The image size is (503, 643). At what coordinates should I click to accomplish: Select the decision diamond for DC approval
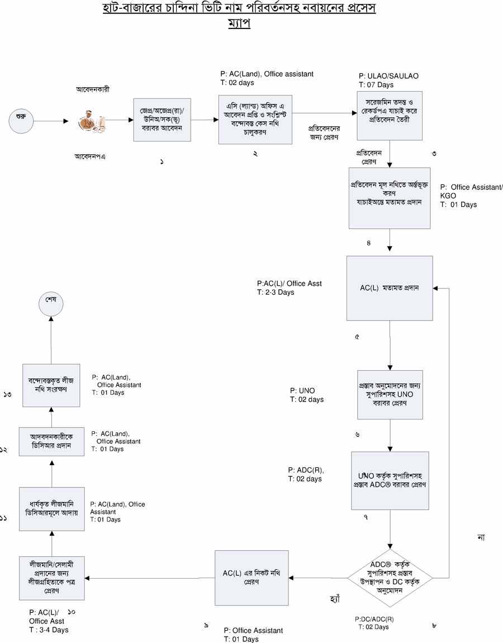tap(390, 578)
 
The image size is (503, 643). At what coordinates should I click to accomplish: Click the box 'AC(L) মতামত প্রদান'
tap(390, 288)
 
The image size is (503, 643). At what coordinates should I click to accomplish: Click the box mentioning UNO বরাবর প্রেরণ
tap(390, 394)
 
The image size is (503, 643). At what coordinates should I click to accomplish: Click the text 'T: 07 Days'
tap(376, 85)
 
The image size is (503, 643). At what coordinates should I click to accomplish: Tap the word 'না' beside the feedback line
tap(481, 537)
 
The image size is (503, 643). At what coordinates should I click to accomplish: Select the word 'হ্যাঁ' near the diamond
tap(335, 599)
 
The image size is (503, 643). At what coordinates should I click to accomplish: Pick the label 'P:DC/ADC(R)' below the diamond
tap(374, 619)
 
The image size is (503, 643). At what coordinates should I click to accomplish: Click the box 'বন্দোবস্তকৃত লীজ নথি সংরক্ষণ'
tap(51, 384)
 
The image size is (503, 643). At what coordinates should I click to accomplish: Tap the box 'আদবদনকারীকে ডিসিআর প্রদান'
tap(51, 441)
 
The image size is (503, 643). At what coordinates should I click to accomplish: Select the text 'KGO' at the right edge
tap(448, 196)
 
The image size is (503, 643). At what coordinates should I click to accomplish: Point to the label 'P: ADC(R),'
tap(306, 470)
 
